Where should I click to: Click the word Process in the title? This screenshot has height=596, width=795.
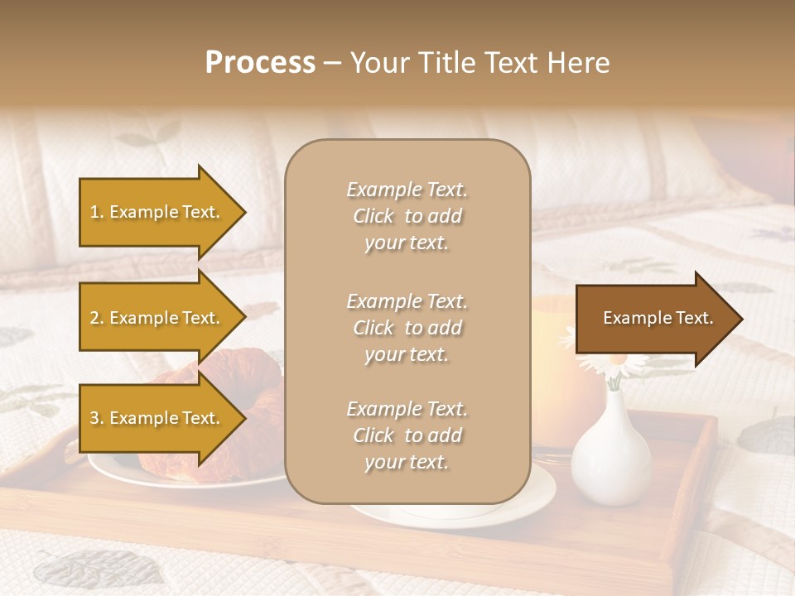[260, 63]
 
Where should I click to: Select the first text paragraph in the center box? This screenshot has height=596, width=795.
[407, 216]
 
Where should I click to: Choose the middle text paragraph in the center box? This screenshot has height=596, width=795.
[407, 328]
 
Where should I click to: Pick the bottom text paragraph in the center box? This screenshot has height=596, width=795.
[407, 435]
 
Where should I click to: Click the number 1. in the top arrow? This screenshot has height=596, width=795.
[97, 212]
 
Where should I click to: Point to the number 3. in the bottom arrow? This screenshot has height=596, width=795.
[97, 418]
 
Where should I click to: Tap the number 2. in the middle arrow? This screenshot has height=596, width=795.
[97, 318]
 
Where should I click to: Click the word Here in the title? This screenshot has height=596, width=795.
[579, 63]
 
